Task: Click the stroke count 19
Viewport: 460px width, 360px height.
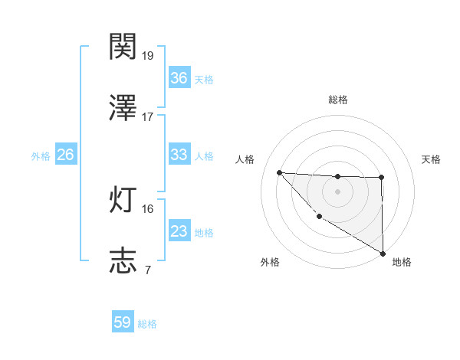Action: click(x=147, y=56)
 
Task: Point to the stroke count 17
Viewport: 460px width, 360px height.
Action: click(x=147, y=117)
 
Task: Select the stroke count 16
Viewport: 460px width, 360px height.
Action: click(x=147, y=208)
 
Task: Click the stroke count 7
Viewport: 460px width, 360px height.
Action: click(x=147, y=270)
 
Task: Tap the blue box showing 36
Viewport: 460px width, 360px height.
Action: click(x=179, y=78)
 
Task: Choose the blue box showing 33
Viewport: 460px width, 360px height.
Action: click(x=179, y=155)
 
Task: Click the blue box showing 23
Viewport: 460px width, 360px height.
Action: click(x=179, y=231)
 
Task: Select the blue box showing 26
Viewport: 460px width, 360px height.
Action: click(x=65, y=155)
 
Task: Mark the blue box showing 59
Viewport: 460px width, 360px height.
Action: click(x=123, y=322)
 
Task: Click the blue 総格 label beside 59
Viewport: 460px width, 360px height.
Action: click(x=147, y=324)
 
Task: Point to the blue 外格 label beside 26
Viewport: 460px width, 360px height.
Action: click(x=41, y=156)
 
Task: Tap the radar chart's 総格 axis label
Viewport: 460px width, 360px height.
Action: click(x=337, y=100)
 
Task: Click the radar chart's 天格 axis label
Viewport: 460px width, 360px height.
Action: click(x=431, y=159)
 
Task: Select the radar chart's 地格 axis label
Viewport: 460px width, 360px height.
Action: click(x=402, y=263)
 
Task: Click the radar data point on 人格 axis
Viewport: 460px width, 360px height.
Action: click(x=279, y=172)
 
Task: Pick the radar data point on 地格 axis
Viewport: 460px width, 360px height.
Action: click(x=383, y=254)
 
